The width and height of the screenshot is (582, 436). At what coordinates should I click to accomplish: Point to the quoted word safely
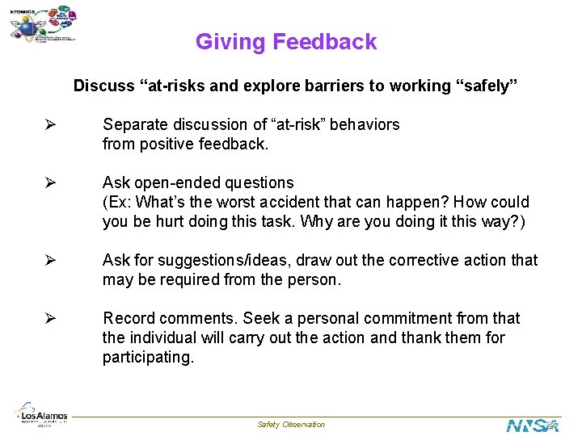tap(487, 86)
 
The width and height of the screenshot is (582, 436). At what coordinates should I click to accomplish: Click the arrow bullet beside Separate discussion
tap(49, 125)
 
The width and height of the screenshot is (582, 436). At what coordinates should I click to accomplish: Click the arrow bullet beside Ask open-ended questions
tap(49, 183)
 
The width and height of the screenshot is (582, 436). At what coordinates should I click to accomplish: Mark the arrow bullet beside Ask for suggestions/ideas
tap(49, 260)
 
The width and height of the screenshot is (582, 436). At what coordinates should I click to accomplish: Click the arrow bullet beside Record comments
tap(49, 318)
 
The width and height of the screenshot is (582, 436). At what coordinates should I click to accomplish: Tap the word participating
tap(148, 357)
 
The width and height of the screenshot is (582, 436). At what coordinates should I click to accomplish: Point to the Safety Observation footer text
tap(291, 425)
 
